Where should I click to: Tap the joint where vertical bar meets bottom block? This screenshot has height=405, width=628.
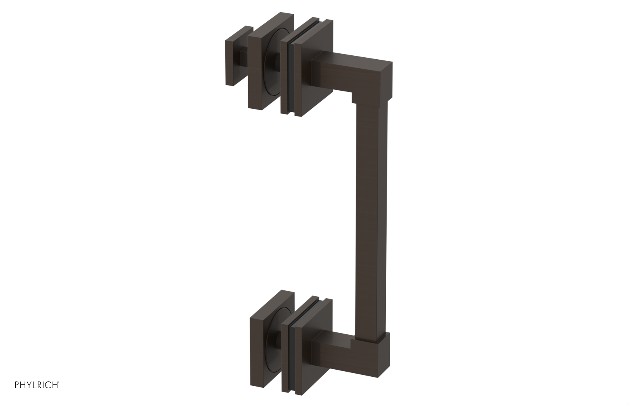click(x=369, y=336)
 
